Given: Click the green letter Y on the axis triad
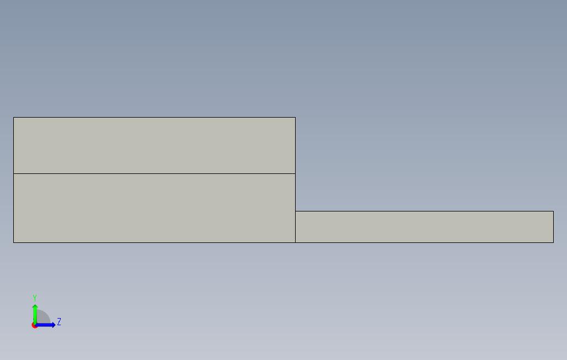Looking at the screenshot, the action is pos(35,298).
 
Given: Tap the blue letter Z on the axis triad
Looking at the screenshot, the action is pos(59,321).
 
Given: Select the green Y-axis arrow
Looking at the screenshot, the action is pos(35,312).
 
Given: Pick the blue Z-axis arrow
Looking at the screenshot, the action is pos(48,325).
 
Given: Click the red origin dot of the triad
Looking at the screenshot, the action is pos(34,325).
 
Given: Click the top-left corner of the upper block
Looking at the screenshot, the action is pos(14,118).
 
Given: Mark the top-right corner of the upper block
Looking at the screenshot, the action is pos(295,118).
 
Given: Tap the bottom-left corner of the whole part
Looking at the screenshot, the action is pos(14,242).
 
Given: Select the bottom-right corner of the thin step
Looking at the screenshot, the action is pos(553,242).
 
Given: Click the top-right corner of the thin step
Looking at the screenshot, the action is pos(553,211).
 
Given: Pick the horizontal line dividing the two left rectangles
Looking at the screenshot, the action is pos(155,173).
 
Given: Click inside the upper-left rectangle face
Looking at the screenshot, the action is pos(155,145).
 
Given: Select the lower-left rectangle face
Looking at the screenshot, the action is pos(155,208).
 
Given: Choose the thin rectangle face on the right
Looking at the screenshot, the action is pos(424,227).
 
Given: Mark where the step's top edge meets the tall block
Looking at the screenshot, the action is pos(295,211).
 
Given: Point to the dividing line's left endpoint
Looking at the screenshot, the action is pos(14,173).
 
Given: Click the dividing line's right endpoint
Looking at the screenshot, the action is pos(295,173).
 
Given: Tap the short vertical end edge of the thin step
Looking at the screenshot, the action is pos(553,227).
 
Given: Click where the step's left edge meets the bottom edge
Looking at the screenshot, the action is pos(295,242).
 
